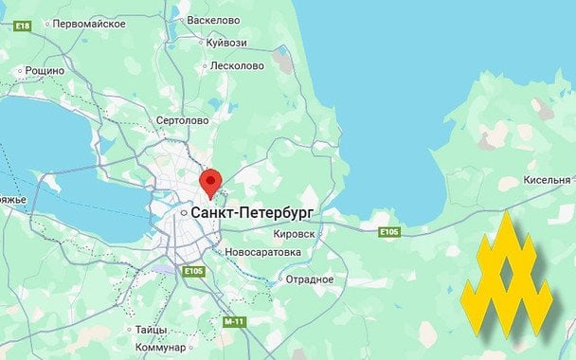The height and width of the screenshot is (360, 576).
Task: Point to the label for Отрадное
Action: (x=310, y=279)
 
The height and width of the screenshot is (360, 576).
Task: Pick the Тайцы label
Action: (x=151, y=329)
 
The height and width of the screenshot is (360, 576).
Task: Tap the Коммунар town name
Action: (x=159, y=348)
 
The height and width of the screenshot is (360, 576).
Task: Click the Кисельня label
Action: (x=547, y=180)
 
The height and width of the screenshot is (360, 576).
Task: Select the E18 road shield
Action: (x=23, y=26)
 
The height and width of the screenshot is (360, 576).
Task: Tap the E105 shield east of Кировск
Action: (x=388, y=231)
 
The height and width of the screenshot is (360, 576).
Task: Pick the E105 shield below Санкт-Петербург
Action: (x=193, y=272)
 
